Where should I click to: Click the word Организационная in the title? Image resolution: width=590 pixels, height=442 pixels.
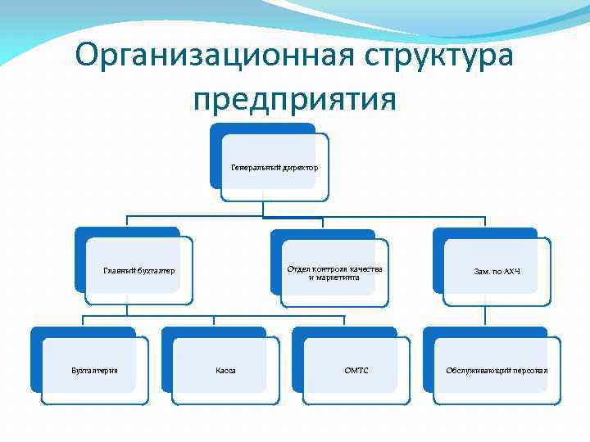(x=210, y=56)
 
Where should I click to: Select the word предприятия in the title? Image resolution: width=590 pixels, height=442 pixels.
(x=295, y=98)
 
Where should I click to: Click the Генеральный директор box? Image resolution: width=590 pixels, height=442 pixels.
(x=275, y=168)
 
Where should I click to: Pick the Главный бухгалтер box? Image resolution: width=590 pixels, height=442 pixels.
(x=139, y=270)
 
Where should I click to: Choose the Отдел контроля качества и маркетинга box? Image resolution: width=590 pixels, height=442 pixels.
(x=334, y=273)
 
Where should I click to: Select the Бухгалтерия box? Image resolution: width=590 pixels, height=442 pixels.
(x=94, y=371)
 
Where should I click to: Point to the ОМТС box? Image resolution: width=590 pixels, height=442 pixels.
(x=356, y=371)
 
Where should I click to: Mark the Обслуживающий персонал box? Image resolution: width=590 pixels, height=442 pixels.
(x=497, y=371)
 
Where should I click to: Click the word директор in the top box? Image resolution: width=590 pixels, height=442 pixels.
(x=301, y=168)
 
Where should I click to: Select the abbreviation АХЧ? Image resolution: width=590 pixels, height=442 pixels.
(x=511, y=270)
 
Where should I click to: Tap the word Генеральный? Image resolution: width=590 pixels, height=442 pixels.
(x=256, y=168)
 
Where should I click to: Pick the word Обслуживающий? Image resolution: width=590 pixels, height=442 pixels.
(x=478, y=371)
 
